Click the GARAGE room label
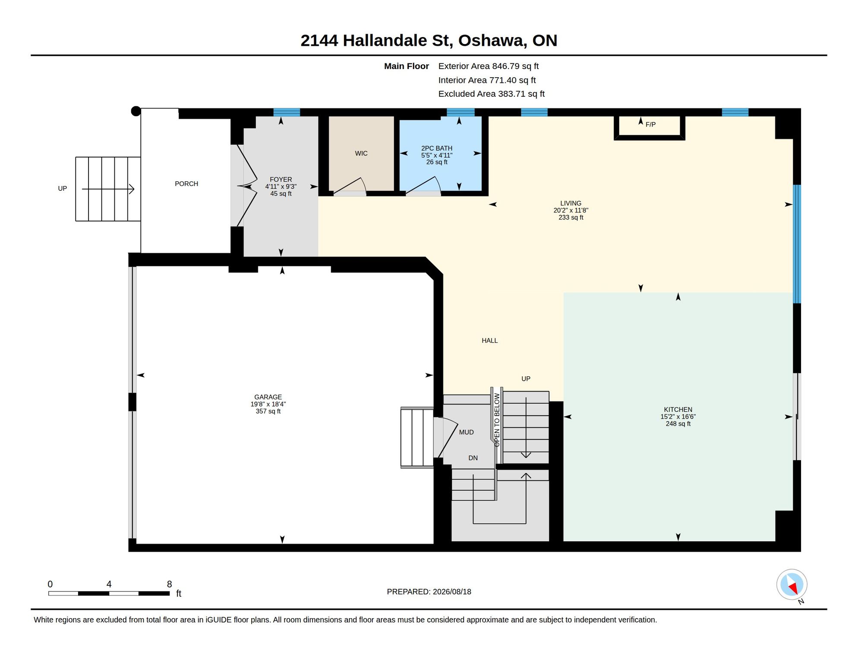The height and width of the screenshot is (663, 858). coord(268,397)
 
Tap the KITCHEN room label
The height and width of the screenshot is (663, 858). coord(678,410)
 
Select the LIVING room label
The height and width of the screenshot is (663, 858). coord(571,203)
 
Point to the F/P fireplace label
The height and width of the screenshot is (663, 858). coord(650,124)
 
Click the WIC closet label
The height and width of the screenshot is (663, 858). coord(361,153)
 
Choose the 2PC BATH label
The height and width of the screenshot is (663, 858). coord(437,148)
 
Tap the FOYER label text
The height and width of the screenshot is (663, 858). coord(281,180)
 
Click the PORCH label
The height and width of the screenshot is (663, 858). coord(186,184)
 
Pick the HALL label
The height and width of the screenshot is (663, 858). coord(490,341)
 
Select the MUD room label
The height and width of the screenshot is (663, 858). coord(466,432)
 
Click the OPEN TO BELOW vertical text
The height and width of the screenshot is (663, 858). coord(497,420)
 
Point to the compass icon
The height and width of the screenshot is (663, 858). coord(792,585)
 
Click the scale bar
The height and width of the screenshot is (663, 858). coord(109,594)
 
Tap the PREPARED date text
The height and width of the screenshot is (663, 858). coord(429,592)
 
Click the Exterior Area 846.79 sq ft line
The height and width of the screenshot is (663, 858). coord(489,66)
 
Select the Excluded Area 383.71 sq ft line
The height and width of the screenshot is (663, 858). coord(492,94)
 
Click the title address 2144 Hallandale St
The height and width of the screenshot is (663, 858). coord(376,41)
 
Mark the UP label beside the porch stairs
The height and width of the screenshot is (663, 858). coord(63,189)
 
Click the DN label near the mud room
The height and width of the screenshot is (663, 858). coord(473,458)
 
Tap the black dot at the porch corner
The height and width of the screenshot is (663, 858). coord(136,111)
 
